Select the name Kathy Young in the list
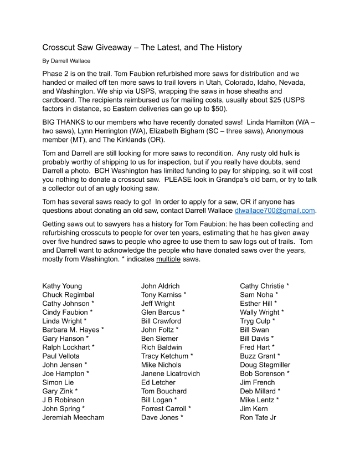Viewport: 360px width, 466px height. point(62,286)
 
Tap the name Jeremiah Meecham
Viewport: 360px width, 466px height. point(73,417)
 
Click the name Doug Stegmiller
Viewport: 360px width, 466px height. point(265,365)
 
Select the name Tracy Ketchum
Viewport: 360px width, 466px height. point(164,356)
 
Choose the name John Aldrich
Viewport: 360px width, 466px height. point(161,286)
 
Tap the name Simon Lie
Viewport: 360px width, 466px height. point(58,382)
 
